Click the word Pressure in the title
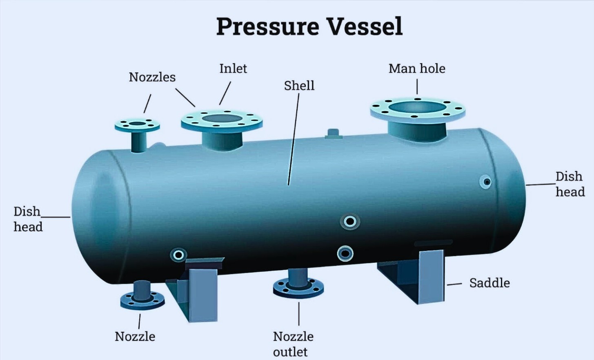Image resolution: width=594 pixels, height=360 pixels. coord(268,27)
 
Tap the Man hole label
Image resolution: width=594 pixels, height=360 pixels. coord(417,69)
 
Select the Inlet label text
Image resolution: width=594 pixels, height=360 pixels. coord(233,69)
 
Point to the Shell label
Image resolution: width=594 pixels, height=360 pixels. coord(299,86)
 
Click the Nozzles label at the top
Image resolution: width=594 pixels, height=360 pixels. coord(152,77)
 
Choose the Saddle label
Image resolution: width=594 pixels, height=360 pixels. coord(489,283)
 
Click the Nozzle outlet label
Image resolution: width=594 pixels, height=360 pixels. coord(293,344)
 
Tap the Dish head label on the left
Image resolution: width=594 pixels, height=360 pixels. coord(28,219)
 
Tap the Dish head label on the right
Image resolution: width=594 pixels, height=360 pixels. coord(570,184)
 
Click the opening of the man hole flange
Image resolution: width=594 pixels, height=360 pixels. coord(417,107)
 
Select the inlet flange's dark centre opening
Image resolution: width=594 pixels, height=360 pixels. coord(222,118)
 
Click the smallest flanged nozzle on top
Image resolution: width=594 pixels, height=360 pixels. coord(137,126)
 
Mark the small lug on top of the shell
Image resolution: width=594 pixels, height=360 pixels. coord(333,134)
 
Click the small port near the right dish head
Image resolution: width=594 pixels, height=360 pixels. coord(485,182)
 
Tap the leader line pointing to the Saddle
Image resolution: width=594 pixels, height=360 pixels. coord(454,284)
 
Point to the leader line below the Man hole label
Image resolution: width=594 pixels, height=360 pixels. coord(417,87)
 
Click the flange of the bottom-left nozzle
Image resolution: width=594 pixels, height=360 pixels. coord(142,301)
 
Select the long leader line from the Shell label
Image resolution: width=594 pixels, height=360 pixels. coord(294,140)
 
